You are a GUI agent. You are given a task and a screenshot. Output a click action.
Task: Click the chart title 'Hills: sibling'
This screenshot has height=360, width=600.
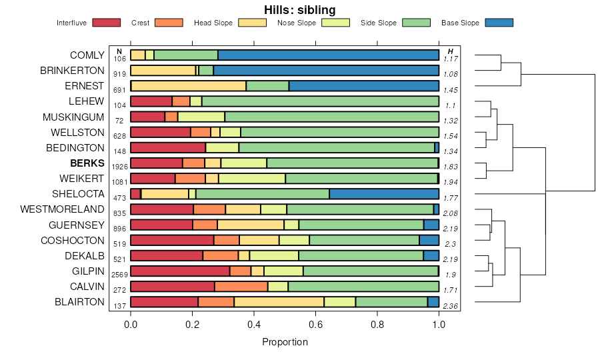click(x=299, y=9)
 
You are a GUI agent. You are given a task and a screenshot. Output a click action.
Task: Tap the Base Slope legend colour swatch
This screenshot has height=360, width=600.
click(x=499, y=23)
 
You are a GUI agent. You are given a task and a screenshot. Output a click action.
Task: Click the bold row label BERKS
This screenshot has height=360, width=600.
click(x=87, y=163)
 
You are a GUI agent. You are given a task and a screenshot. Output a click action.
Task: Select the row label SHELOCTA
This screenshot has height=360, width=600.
click(x=78, y=194)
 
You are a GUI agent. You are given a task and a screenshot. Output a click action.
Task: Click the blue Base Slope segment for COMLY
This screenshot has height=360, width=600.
click(x=328, y=55)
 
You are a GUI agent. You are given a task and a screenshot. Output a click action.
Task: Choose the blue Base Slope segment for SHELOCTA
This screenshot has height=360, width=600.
click(x=384, y=194)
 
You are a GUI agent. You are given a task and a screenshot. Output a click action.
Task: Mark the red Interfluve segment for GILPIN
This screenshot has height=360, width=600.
click(x=180, y=271)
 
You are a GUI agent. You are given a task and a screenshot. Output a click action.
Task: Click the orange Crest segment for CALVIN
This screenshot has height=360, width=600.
click(x=241, y=287)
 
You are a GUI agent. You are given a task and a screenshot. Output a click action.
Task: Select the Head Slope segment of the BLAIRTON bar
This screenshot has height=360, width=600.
click(x=279, y=302)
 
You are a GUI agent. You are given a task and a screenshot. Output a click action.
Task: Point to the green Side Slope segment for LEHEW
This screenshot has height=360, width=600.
click(x=320, y=101)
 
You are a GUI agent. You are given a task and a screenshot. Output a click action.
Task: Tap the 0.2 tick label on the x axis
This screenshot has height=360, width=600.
click(x=192, y=325)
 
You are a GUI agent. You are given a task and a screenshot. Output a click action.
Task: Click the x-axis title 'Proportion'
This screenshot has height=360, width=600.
click(x=285, y=342)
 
